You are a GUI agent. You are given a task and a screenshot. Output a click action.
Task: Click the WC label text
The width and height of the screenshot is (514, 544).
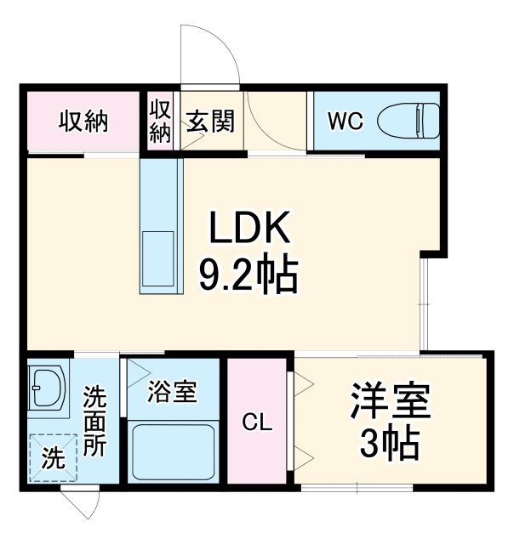(346, 122)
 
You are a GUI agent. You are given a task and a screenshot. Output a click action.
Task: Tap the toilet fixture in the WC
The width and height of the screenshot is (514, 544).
(408, 120)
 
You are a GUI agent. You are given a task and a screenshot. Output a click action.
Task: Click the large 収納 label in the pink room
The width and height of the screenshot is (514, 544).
(83, 122)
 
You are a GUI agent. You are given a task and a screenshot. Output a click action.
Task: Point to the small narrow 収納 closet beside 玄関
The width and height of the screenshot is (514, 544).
(160, 122)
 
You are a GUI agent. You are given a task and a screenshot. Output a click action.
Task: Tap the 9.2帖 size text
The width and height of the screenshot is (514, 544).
(248, 274)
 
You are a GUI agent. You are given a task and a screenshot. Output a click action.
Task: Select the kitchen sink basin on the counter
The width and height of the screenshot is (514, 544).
(160, 263)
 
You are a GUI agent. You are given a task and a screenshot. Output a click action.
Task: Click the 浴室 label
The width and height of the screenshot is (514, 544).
(173, 392)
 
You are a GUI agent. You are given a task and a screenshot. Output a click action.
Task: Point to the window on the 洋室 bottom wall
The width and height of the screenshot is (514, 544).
(357, 488)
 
